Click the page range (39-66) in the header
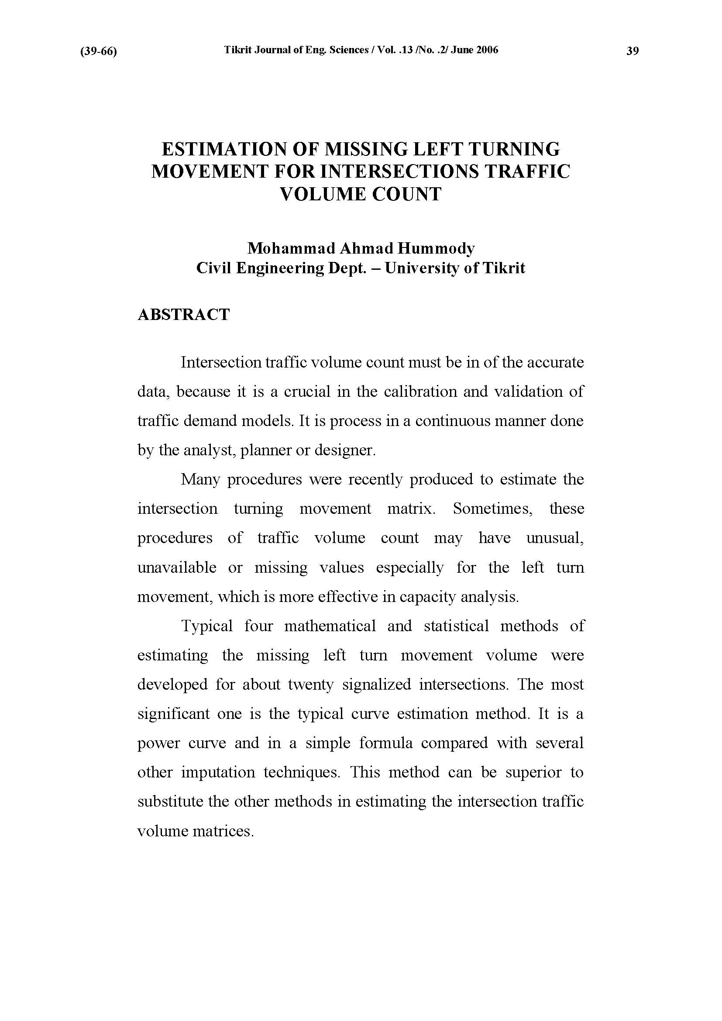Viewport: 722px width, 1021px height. tap(98, 52)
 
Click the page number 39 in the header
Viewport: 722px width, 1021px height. tap(632, 51)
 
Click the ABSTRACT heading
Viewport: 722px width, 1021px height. tap(184, 315)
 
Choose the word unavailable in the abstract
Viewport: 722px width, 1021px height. tap(176, 567)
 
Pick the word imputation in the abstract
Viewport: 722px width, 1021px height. tap(218, 772)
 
